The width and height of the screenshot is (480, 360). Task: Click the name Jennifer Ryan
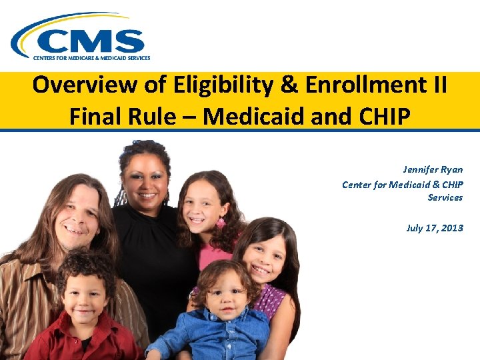[433, 170]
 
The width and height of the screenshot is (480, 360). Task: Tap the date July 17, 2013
[434, 228]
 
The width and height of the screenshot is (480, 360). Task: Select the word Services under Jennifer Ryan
[445, 197]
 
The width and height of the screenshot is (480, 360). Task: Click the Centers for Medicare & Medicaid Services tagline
[92, 58]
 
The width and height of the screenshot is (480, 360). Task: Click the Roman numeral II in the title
[437, 86]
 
